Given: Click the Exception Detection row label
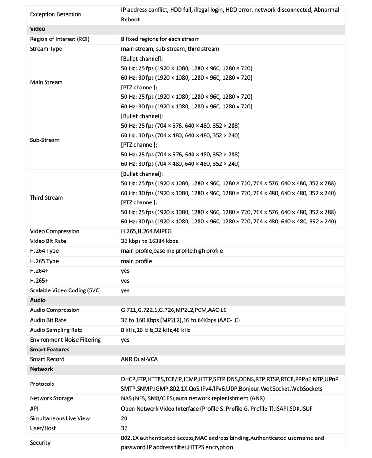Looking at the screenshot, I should (x=55, y=14).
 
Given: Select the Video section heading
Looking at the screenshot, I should (x=38, y=29).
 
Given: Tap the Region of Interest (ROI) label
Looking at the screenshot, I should (x=60, y=39).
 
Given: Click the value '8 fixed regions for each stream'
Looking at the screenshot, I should (x=160, y=39).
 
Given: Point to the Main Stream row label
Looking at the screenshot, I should (x=46, y=82).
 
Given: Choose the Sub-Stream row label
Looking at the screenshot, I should (x=45, y=140).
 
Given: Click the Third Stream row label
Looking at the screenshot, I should (x=46, y=198).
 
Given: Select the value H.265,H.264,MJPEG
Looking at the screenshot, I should (x=146, y=231).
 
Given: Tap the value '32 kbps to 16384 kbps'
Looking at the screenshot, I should (x=149, y=241).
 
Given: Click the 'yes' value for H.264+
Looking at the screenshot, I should (x=125, y=271).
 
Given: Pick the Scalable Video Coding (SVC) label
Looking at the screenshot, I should (x=66, y=290).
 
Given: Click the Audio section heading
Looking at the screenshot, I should (x=38, y=300).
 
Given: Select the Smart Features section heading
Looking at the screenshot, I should (x=50, y=350).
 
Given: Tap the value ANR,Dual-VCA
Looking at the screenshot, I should (x=139, y=359).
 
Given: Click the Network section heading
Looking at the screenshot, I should (x=41, y=369).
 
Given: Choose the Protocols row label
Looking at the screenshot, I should (x=42, y=384).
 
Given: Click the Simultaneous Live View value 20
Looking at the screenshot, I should (x=124, y=418).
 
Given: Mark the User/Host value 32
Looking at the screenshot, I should (x=124, y=428).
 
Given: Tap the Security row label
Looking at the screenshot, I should (x=40, y=443).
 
